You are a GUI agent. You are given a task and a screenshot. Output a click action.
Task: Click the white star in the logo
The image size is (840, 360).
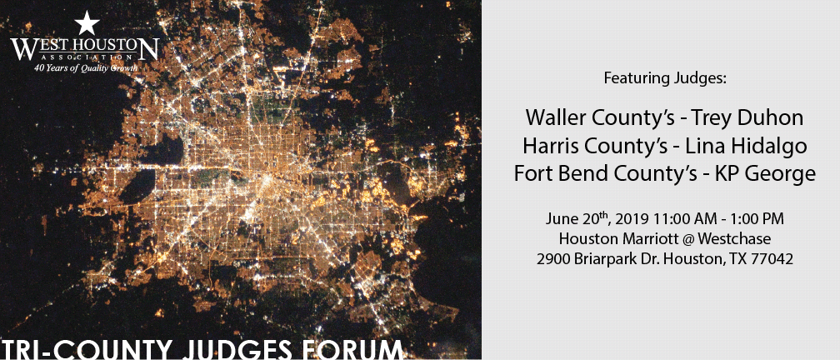click(87, 24)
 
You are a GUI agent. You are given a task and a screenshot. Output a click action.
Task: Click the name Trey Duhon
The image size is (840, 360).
click(747, 117)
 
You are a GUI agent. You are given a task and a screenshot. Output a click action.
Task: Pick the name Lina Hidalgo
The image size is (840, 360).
click(749, 146)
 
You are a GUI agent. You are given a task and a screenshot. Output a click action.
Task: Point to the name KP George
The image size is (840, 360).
click(766, 174)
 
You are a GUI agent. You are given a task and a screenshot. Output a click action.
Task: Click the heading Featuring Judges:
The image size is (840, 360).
click(665, 78)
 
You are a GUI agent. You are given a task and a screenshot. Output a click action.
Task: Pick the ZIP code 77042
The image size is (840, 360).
click(777, 259)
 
